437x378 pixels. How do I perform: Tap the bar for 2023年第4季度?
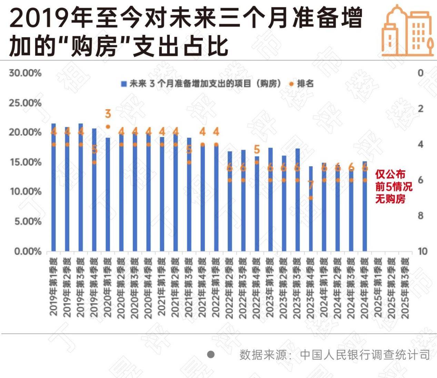310,209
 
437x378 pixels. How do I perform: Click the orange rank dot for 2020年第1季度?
108,127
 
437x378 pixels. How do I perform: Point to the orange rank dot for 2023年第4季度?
310,198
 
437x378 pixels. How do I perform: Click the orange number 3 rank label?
108,114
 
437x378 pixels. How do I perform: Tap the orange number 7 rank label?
311,185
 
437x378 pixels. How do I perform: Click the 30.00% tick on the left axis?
25,73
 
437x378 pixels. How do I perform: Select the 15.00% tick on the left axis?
25,162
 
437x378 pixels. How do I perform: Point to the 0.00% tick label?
28,251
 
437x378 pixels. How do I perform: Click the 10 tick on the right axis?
422,251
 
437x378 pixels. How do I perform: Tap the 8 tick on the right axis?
420,216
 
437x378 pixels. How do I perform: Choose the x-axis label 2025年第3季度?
405,288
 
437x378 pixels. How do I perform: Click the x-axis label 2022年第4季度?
256,288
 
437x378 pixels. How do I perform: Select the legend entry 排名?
305,83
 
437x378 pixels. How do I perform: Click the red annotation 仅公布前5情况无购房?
393,187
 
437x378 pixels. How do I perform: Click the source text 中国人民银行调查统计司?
365,355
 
